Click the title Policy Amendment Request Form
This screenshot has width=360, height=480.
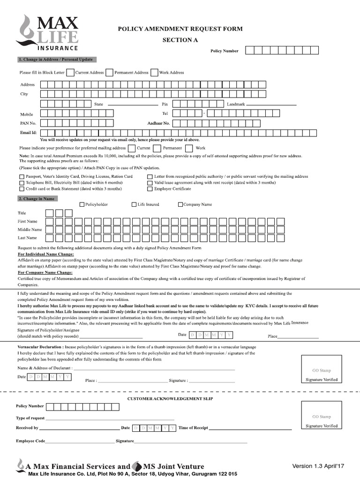pos(180,29)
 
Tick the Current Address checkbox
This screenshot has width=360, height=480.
pos(70,73)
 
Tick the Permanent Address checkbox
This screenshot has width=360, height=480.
pos(109,73)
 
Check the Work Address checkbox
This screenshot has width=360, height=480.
pos(154,73)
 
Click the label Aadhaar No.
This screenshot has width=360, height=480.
pos(158,123)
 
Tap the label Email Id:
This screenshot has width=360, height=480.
pos(28,133)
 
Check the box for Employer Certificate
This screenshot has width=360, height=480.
pos(150,189)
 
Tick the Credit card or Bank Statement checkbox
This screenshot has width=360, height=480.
pos(22,189)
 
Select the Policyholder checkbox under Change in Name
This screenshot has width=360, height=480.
pos(82,204)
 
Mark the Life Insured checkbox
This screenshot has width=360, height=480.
pos(134,204)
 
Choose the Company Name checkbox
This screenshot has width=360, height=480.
pos(180,204)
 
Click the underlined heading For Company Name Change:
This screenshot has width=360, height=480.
pos(45,272)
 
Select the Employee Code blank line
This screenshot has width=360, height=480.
pos(79,442)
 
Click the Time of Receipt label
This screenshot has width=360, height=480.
pos(193,428)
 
